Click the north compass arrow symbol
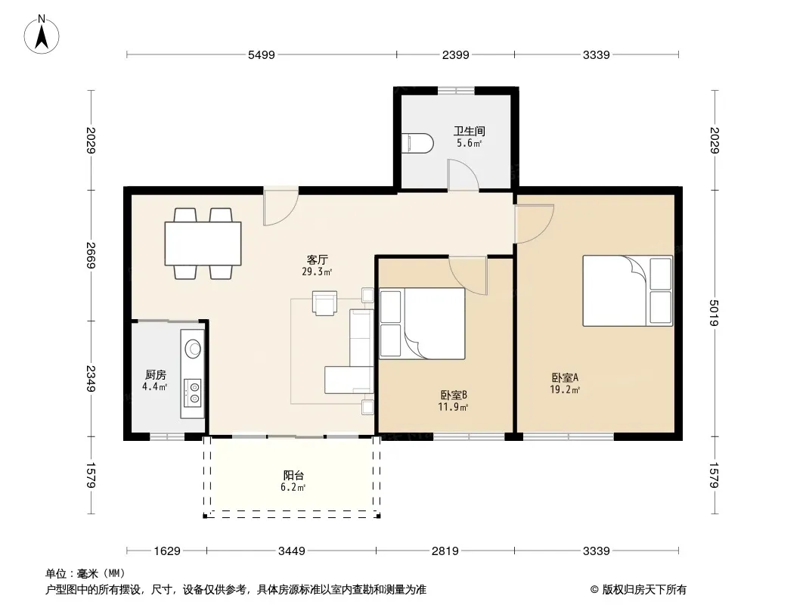[x=42, y=36]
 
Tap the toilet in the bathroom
[x=417, y=144]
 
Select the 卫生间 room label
[x=469, y=131]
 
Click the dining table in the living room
[x=203, y=243]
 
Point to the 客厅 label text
[x=317, y=260]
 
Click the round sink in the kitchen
[x=194, y=349]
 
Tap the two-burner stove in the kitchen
[x=194, y=392]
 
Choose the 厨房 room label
[x=155, y=375]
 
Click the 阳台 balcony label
[x=293, y=476]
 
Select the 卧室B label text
[x=454, y=396]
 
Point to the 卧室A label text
[x=565, y=378]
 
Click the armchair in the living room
[x=325, y=302]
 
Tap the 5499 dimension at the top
[x=262, y=55]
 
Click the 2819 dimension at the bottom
[x=445, y=551]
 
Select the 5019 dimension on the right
[x=714, y=313]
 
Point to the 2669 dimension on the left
[x=91, y=256]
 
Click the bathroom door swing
[x=463, y=175]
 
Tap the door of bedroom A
[x=535, y=224]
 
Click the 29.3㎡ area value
[x=317, y=272]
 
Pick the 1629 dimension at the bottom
[x=167, y=551]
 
